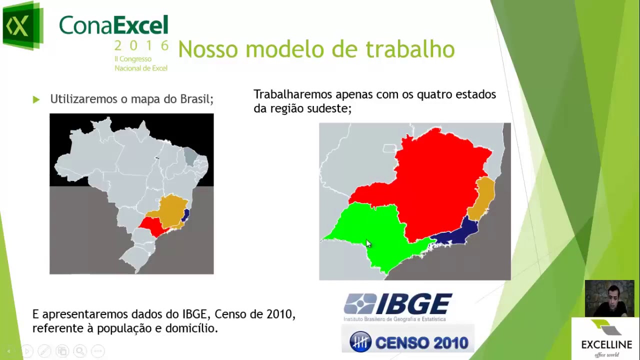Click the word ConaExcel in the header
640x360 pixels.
(x=113, y=25)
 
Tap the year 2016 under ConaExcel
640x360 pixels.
(x=141, y=46)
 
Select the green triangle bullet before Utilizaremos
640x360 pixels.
(x=36, y=99)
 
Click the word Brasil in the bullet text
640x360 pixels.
(x=196, y=99)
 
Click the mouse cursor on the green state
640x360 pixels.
(x=368, y=243)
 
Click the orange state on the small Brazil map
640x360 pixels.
(x=170, y=210)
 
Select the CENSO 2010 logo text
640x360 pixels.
(x=421, y=343)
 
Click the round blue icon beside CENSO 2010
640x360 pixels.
(x=360, y=342)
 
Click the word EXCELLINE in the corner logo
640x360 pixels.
(x=606, y=344)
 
